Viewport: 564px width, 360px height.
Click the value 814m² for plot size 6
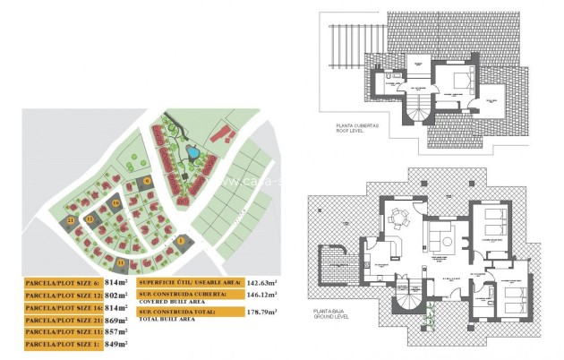[x=117, y=280]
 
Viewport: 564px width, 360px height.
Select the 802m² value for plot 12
[x=118, y=293]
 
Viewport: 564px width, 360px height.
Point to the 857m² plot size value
[x=117, y=330]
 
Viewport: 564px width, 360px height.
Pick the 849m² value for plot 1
[x=115, y=343]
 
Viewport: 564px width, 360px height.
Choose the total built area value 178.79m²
[x=261, y=312]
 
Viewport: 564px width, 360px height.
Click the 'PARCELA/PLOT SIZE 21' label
[x=62, y=318]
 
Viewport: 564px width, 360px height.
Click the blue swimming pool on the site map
[x=194, y=154]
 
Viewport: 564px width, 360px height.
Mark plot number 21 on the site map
[x=70, y=219]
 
